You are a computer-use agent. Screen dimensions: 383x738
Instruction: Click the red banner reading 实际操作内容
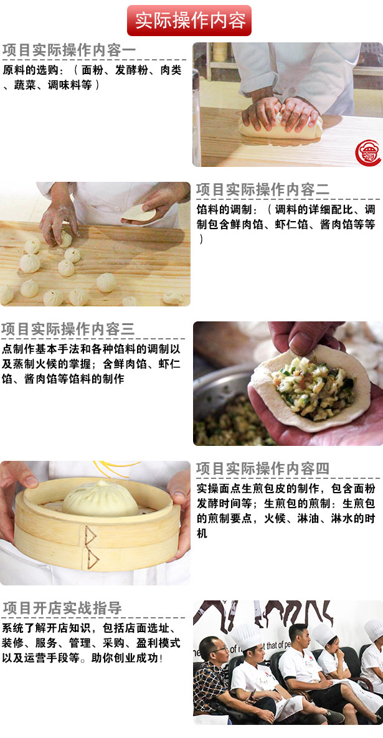coord(189,21)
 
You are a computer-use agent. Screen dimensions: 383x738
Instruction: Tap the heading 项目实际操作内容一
coord(69,51)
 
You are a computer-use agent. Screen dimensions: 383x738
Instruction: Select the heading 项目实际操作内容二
coord(263,190)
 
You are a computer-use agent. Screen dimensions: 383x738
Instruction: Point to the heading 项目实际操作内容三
coord(68,329)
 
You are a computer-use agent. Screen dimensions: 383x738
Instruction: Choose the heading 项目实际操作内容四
coord(263,469)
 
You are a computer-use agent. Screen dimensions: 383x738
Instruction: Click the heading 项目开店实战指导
coord(62,608)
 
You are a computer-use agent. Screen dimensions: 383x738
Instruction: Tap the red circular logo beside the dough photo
coord(368,153)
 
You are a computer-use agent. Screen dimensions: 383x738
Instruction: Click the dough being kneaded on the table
coord(280,127)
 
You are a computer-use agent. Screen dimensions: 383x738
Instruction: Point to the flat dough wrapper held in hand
coord(138,213)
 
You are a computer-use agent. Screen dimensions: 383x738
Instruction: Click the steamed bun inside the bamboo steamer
coord(100,499)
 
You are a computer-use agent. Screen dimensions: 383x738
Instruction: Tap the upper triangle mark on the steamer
coord(90,536)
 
